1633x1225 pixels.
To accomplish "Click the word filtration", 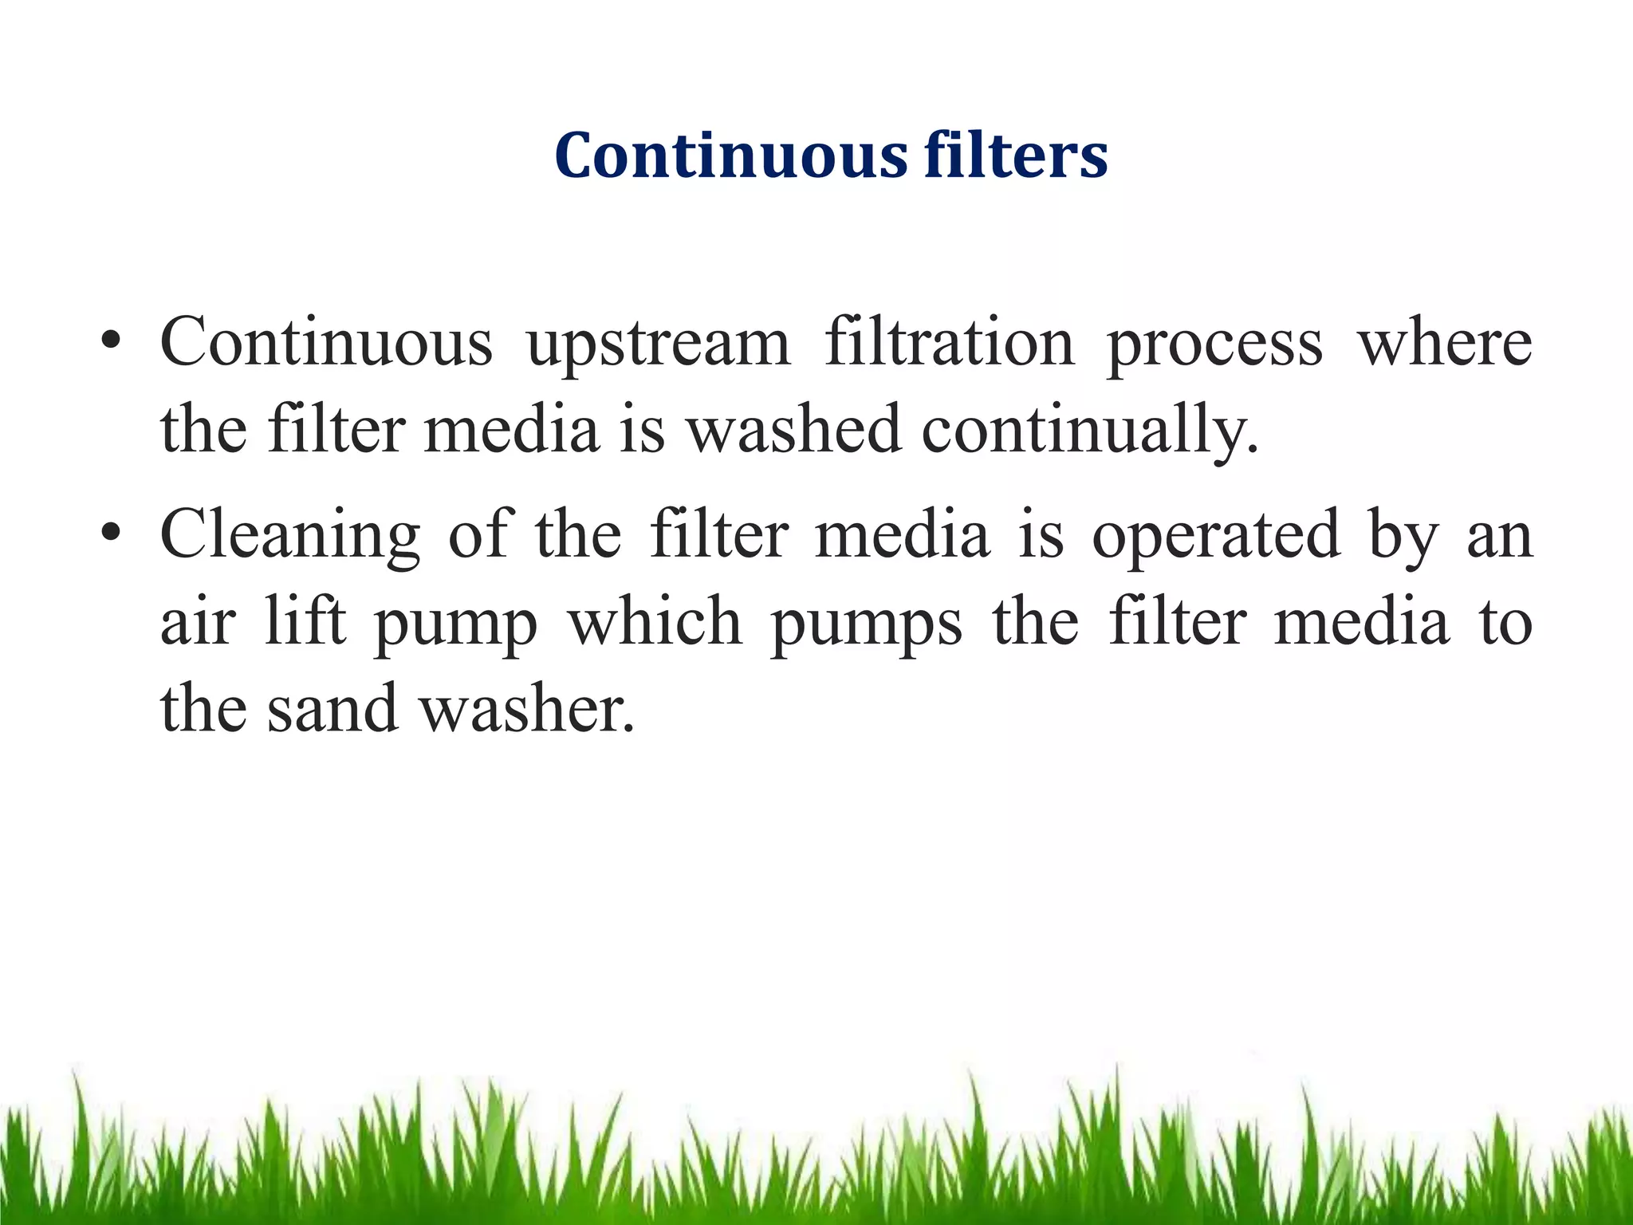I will point(949,343).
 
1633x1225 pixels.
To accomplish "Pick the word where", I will point(1445,343).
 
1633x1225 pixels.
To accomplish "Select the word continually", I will point(1089,431).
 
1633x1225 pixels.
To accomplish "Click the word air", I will point(198,622).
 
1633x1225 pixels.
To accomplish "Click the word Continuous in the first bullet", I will point(326,343).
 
